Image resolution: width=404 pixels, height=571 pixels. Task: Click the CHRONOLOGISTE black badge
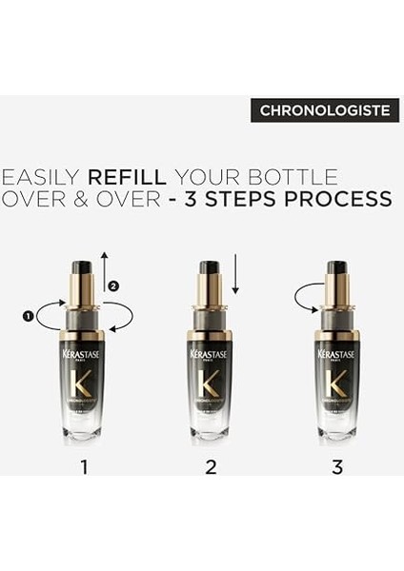(325, 110)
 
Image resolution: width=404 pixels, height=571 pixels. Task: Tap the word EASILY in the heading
(41, 177)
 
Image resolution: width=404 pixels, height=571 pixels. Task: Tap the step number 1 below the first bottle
(84, 466)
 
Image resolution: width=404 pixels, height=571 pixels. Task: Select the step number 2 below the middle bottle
(211, 466)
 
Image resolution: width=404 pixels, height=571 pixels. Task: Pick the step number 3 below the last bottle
(337, 466)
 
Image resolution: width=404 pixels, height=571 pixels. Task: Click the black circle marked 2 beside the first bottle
(113, 285)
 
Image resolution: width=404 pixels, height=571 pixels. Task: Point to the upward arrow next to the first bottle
(106, 266)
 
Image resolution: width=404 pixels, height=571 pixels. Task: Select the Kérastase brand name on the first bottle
(84, 355)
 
